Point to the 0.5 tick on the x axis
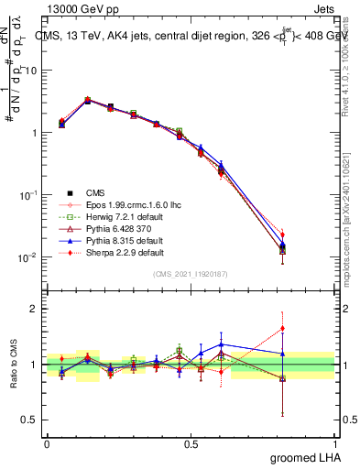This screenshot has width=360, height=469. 191,443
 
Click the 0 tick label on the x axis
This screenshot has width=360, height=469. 48,443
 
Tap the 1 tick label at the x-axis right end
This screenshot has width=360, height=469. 335,443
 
